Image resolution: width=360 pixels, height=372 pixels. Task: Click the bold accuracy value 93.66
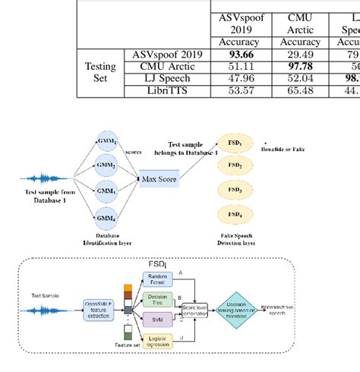click(238, 55)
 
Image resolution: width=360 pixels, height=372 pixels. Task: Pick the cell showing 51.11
click(238, 67)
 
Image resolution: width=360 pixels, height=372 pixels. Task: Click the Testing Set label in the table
click(99, 72)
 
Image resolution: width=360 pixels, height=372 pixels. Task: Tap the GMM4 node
click(106, 218)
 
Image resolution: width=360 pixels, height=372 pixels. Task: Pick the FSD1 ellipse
click(235, 143)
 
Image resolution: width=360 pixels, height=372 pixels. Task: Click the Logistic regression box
click(158, 342)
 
